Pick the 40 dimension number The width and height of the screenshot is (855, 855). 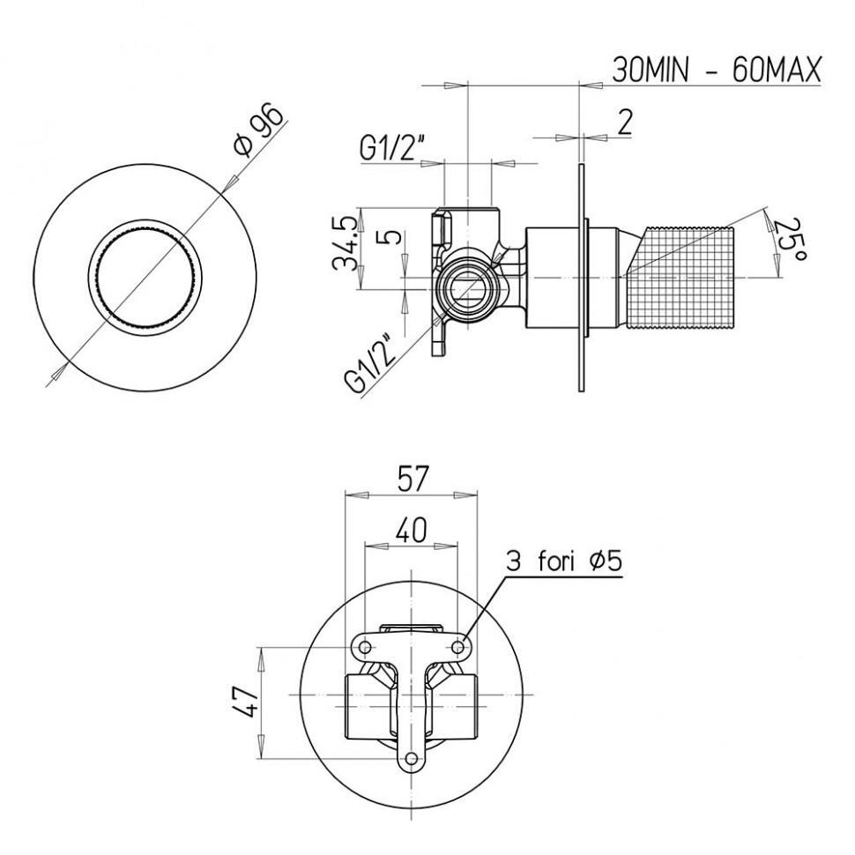(411, 530)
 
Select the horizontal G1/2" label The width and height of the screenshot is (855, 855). (391, 147)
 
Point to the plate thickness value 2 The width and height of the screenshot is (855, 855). (624, 123)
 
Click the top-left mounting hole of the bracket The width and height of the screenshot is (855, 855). (365, 648)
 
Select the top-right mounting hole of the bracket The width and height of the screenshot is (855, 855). (457, 648)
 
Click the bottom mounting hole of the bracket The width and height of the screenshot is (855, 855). (412, 761)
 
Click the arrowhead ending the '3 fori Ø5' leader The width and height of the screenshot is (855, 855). (465, 639)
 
